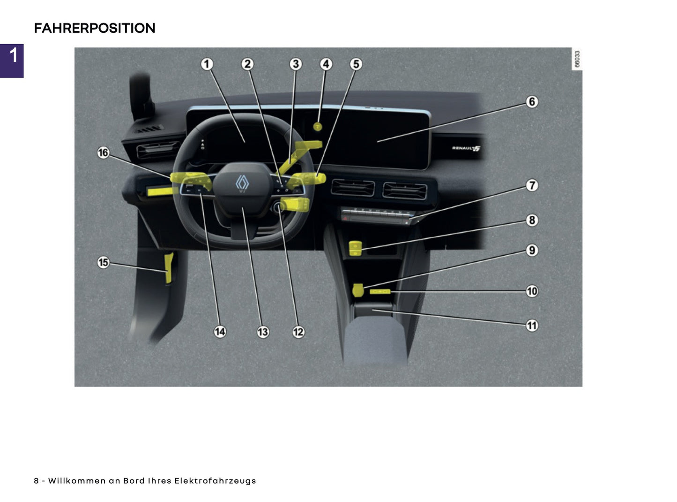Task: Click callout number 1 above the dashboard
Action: tap(207, 64)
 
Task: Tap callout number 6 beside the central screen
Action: tap(531, 102)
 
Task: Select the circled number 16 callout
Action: tap(103, 152)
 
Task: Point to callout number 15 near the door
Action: tap(103, 262)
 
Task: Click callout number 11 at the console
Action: tap(531, 325)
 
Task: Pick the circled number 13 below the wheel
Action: tap(263, 332)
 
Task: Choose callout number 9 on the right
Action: tap(531, 250)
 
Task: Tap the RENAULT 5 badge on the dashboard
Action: tap(466, 148)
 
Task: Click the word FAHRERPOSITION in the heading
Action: tap(94, 28)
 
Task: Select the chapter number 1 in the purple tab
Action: tap(14, 55)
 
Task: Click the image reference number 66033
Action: tap(577, 59)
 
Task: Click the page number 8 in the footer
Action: tap(36, 480)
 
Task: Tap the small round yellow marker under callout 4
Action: tap(318, 126)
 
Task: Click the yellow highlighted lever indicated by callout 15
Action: tap(169, 268)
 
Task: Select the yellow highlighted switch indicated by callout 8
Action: tap(356, 248)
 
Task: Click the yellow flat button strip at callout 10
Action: tap(379, 291)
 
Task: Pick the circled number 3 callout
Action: tap(295, 64)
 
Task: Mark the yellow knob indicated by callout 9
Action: tap(358, 290)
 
